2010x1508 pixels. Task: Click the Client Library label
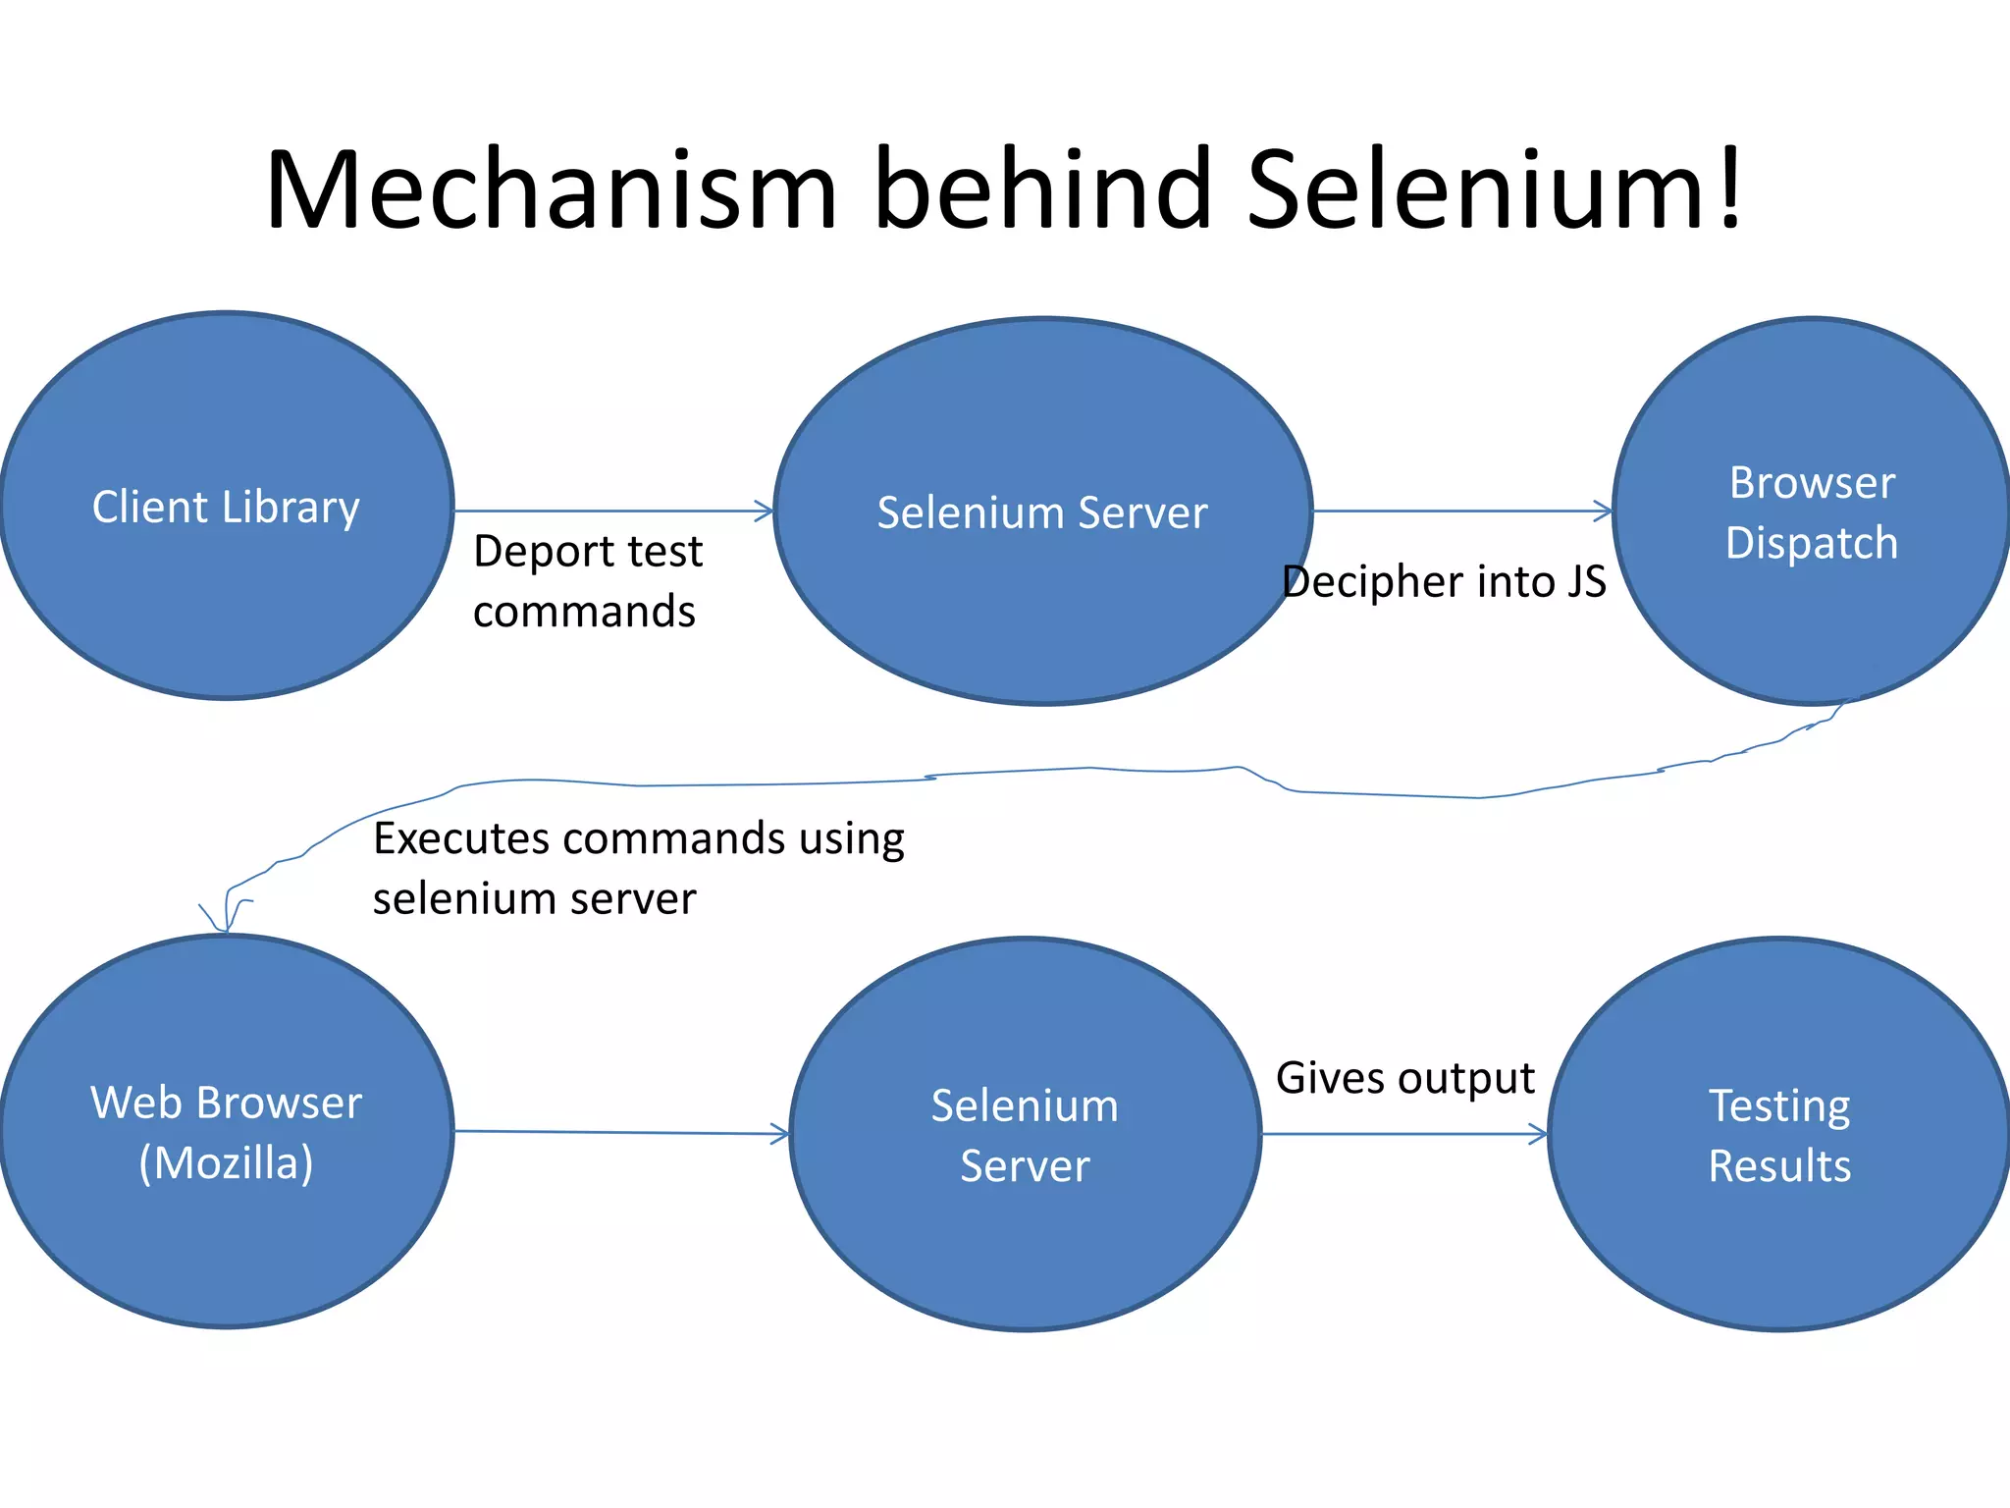coord(226,508)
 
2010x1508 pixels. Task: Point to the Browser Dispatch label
coord(1812,512)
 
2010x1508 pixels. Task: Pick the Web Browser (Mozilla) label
coord(226,1132)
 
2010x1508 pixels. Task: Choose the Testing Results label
coord(1779,1135)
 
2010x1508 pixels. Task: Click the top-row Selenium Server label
coord(1042,512)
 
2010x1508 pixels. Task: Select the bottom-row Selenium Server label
coord(1025,1135)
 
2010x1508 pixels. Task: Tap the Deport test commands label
coord(587,581)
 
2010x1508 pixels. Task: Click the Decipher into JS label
coord(1444,581)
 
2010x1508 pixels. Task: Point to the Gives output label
coord(1404,1078)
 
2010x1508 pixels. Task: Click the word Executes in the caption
coord(460,838)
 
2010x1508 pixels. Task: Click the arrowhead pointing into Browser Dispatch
coord(1604,511)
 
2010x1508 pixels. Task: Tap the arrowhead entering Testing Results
coord(1539,1135)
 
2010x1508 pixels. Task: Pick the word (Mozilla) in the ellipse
coord(226,1163)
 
